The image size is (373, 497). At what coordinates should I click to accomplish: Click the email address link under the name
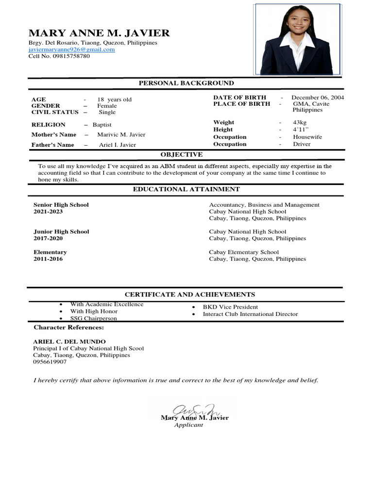(x=71, y=50)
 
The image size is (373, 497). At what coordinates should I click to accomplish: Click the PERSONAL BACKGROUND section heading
(x=186, y=83)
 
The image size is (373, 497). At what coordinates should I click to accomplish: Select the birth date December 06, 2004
(x=318, y=98)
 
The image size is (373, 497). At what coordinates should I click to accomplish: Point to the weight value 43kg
(x=300, y=122)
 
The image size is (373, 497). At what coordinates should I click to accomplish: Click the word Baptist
(x=102, y=125)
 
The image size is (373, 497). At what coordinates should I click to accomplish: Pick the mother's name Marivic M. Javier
(x=121, y=134)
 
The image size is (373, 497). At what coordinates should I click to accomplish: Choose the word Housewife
(x=307, y=137)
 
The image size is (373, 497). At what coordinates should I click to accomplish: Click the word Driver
(x=302, y=144)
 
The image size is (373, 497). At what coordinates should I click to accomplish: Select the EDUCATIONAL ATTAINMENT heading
(x=186, y=189)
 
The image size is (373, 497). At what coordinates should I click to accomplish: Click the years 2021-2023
(x=48, y=212)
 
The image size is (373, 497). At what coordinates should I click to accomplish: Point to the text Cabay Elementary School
(x=244, y=252)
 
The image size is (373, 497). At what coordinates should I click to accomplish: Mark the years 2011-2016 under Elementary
(x=48, y=259)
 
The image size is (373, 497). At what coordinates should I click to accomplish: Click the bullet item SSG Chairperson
(x=94, y=318)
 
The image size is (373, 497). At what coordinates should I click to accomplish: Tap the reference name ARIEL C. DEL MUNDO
(x=69, y=342)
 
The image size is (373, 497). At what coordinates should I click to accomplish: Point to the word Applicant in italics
(x=188, y=425)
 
